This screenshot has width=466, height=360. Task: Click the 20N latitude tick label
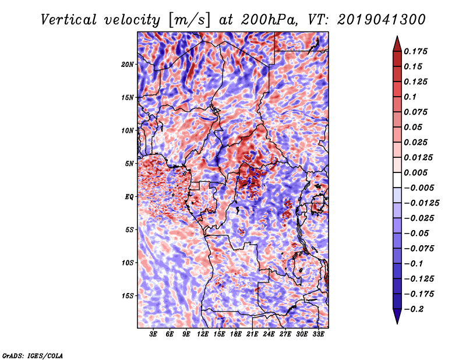coord(128,64)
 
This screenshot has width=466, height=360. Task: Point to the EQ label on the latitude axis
coord(129,196)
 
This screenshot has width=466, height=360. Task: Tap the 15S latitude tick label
coord(128,296)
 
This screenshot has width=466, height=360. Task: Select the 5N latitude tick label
coord(129,164)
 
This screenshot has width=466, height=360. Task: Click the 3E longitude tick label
coord(153,334)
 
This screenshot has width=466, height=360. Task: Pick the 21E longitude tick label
coord(252,334)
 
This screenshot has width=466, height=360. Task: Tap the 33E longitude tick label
coord(318,334)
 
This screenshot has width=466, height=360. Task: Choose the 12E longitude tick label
coord(202,334)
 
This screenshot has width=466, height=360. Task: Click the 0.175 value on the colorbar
coord(415,51)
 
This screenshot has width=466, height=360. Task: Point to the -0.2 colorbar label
coord(414,309)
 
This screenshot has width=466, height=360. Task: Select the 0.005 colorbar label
coord(415,172)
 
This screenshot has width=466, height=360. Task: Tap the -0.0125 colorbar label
coord(421,203)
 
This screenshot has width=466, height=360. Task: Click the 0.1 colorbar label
coord(410,97)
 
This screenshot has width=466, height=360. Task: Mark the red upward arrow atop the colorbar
coord(397,44)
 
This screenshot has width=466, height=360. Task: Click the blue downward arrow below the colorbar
coord(397,316)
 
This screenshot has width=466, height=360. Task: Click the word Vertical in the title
coord(69,20)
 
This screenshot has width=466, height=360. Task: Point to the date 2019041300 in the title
coord(382,20)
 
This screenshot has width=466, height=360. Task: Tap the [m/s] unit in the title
coord(190,20)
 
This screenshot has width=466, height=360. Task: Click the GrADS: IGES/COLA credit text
coord(33,355)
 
